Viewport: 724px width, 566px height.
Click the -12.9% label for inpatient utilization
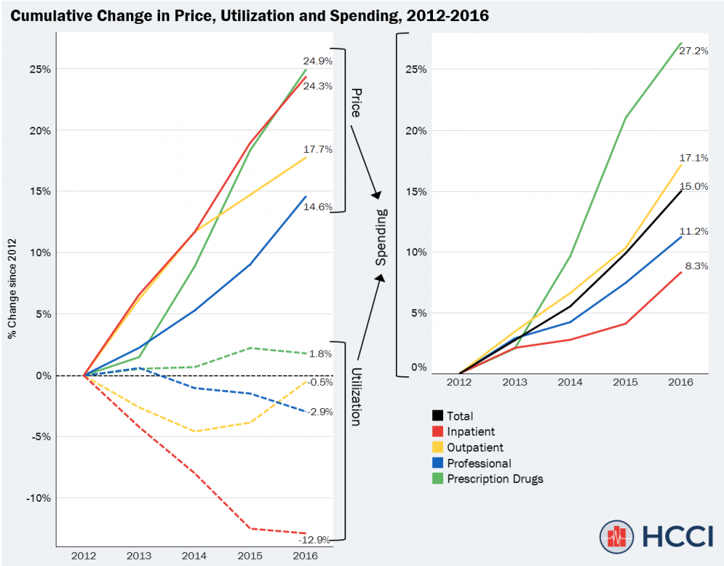(x=315, y=539)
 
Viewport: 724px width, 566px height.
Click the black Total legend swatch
(x=437, y=416)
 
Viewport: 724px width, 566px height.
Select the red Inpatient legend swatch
(x=437, y=432)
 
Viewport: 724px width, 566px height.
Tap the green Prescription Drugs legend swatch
(x=437, y=479)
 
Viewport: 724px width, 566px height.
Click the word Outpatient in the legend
(x=475, y=448)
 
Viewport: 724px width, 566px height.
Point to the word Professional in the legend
(x=479, y=463)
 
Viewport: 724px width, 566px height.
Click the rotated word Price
(x=355, y=104)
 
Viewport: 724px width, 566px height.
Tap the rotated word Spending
(x=382, y=236)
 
